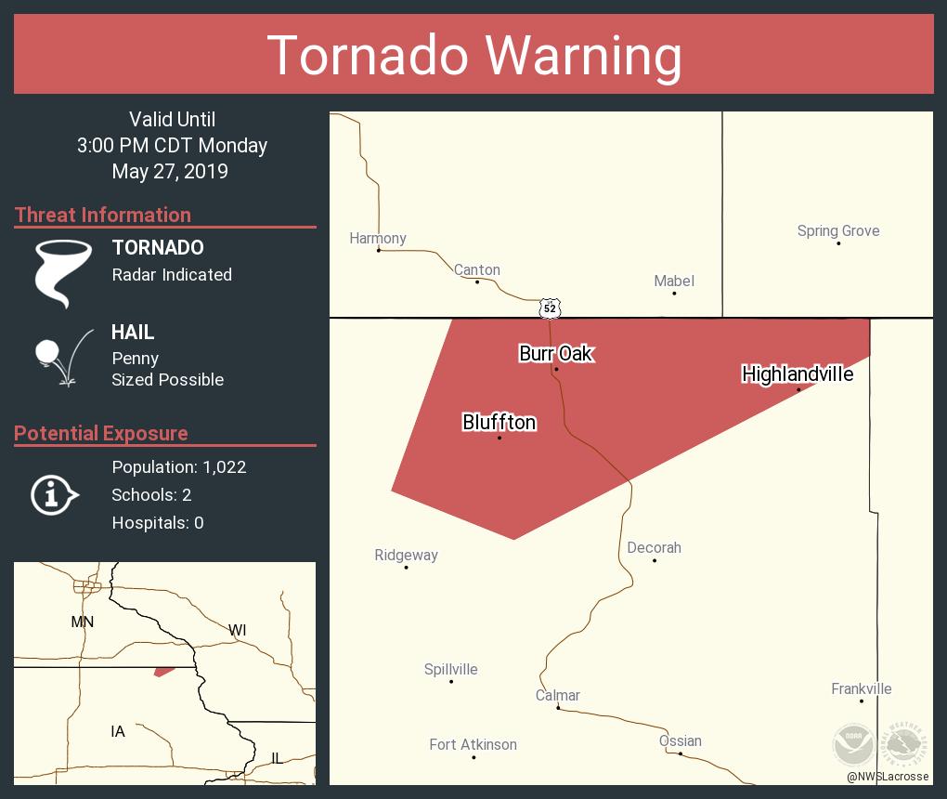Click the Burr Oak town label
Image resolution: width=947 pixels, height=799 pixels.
(x=555, y=353)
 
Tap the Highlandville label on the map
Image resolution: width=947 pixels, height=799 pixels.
(x=798, y=373)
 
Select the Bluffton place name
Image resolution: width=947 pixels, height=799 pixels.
(x=499, y=423)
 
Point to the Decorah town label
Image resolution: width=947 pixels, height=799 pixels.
(x=654, y=547)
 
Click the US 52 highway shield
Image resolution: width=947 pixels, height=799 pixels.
(x=551, y=308)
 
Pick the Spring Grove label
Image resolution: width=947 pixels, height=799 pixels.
(x=838, y=230)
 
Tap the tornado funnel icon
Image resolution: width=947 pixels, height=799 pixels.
(x=63, y=272)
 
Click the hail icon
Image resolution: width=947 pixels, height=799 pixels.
(x=61, y=356)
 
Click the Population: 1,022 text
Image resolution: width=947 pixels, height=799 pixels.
(x=179, y=467)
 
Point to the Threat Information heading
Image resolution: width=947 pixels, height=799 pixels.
(x=103, y=215)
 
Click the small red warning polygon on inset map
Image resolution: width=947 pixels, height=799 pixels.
(x=164, y=671)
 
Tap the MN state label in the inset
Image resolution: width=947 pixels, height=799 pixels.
(x=83, y=622)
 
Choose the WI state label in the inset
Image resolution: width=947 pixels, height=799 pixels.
(x=238, y=630)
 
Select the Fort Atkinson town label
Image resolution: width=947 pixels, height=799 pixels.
(x=473, y=744)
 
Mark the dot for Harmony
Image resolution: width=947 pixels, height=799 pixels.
(x=379, y=250)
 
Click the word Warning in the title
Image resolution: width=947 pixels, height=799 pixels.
(x=585, y=56)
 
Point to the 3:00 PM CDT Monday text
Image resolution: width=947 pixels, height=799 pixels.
(x=172, y=146)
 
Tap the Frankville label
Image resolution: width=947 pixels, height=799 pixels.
(x=861, y=688)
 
